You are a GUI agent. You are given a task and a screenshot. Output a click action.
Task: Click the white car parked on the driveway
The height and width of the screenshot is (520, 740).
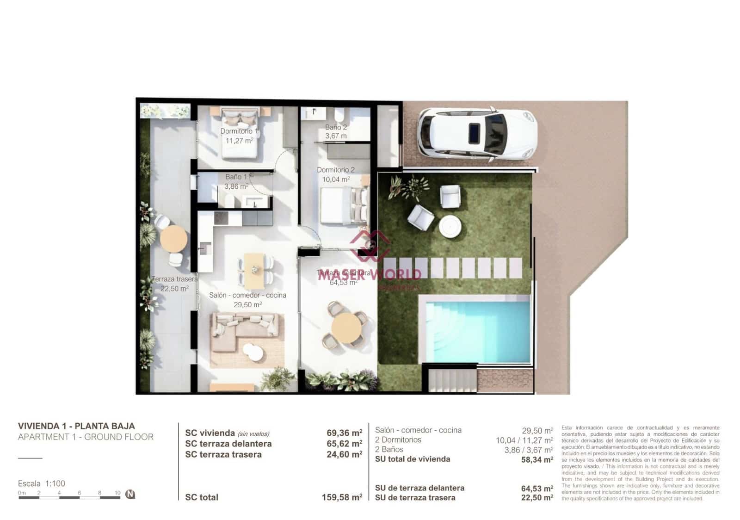[x=476, y=134]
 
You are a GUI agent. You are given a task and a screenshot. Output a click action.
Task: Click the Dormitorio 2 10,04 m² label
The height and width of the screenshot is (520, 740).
[x=336, y=174]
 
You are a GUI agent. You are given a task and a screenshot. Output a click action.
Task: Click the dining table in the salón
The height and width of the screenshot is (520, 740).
[x=254, y=270]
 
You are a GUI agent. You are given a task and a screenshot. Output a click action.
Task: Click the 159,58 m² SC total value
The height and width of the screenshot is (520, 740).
[x=342, y=497]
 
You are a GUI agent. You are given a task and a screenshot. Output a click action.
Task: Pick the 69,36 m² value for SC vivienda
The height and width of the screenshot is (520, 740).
[x=344, y=433]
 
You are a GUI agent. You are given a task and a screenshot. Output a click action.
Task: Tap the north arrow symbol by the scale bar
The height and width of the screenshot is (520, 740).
[x=130, y=494]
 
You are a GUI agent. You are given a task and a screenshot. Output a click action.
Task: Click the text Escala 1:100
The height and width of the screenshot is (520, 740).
[x=42, y=483]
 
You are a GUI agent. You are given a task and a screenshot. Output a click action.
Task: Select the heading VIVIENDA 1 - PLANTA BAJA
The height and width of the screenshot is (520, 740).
[x=76, y=426]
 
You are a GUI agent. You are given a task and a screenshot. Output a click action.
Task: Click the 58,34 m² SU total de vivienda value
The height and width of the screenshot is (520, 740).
[x=537, y=459]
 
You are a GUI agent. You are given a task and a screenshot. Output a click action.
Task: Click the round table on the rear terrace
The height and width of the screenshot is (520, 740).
[x=173, y=239]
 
